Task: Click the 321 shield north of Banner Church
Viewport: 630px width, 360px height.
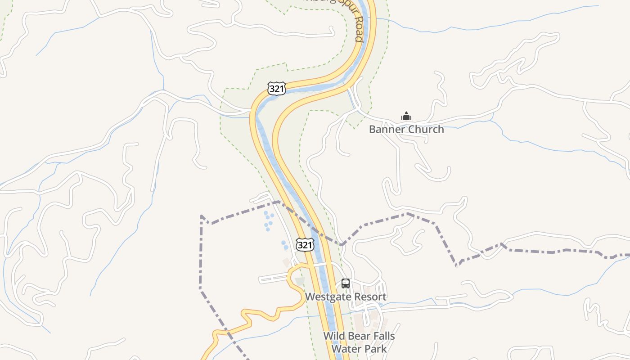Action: tap(276, 89)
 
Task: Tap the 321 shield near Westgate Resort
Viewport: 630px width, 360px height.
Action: tap(305, 245)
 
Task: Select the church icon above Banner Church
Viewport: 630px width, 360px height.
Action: tap(406, 117)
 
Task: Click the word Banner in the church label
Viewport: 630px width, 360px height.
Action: tap(385, 130)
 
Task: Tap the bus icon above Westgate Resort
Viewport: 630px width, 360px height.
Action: tap(346, 283)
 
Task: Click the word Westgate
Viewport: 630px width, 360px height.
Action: tap(326, 297)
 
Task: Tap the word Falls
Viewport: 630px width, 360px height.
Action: tap(383, 336)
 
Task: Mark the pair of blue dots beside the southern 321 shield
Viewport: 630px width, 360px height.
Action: tap(285, 245)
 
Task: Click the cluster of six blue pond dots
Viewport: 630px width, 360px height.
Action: tap(268, 220)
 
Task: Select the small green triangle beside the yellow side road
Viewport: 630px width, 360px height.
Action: tap(300, 281)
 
